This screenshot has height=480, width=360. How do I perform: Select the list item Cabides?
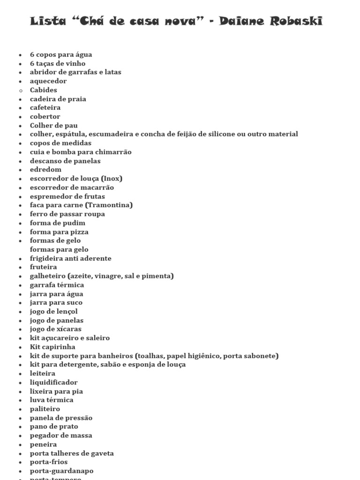[44, 90]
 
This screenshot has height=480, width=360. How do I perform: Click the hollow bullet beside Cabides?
[20, 90]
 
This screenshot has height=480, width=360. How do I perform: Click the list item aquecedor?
[48, 81]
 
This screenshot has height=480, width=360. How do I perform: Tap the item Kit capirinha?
[52, 347]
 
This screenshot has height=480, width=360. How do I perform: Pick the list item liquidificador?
[54, 382]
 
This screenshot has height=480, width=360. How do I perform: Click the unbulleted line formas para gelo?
[59, 249]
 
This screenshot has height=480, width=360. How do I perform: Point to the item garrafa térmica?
[57, 285]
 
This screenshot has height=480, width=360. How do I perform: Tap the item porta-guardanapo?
[62, 471]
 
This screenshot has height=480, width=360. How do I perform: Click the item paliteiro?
[45, 409]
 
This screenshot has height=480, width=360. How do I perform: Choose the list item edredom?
[46, 169]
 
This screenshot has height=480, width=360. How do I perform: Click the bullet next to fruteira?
[20, 267]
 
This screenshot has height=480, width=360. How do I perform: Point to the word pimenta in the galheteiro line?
[158, 276]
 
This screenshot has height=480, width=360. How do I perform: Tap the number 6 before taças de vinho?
[32, 63]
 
